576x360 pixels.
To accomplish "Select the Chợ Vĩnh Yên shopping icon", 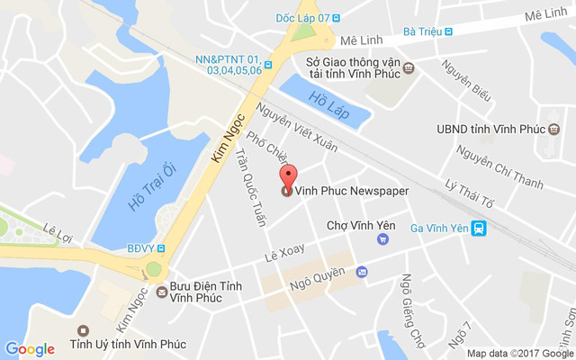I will click(383, 239).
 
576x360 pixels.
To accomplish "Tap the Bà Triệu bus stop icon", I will click(448, 31).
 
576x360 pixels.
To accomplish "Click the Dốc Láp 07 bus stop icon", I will click(348, 18).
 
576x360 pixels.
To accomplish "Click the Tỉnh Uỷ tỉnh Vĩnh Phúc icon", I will click(84, 331).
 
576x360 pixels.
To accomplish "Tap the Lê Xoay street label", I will click(285, 253).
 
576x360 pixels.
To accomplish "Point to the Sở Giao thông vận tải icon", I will click(409, 67).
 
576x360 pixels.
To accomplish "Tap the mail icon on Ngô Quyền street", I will click(361, 271).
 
